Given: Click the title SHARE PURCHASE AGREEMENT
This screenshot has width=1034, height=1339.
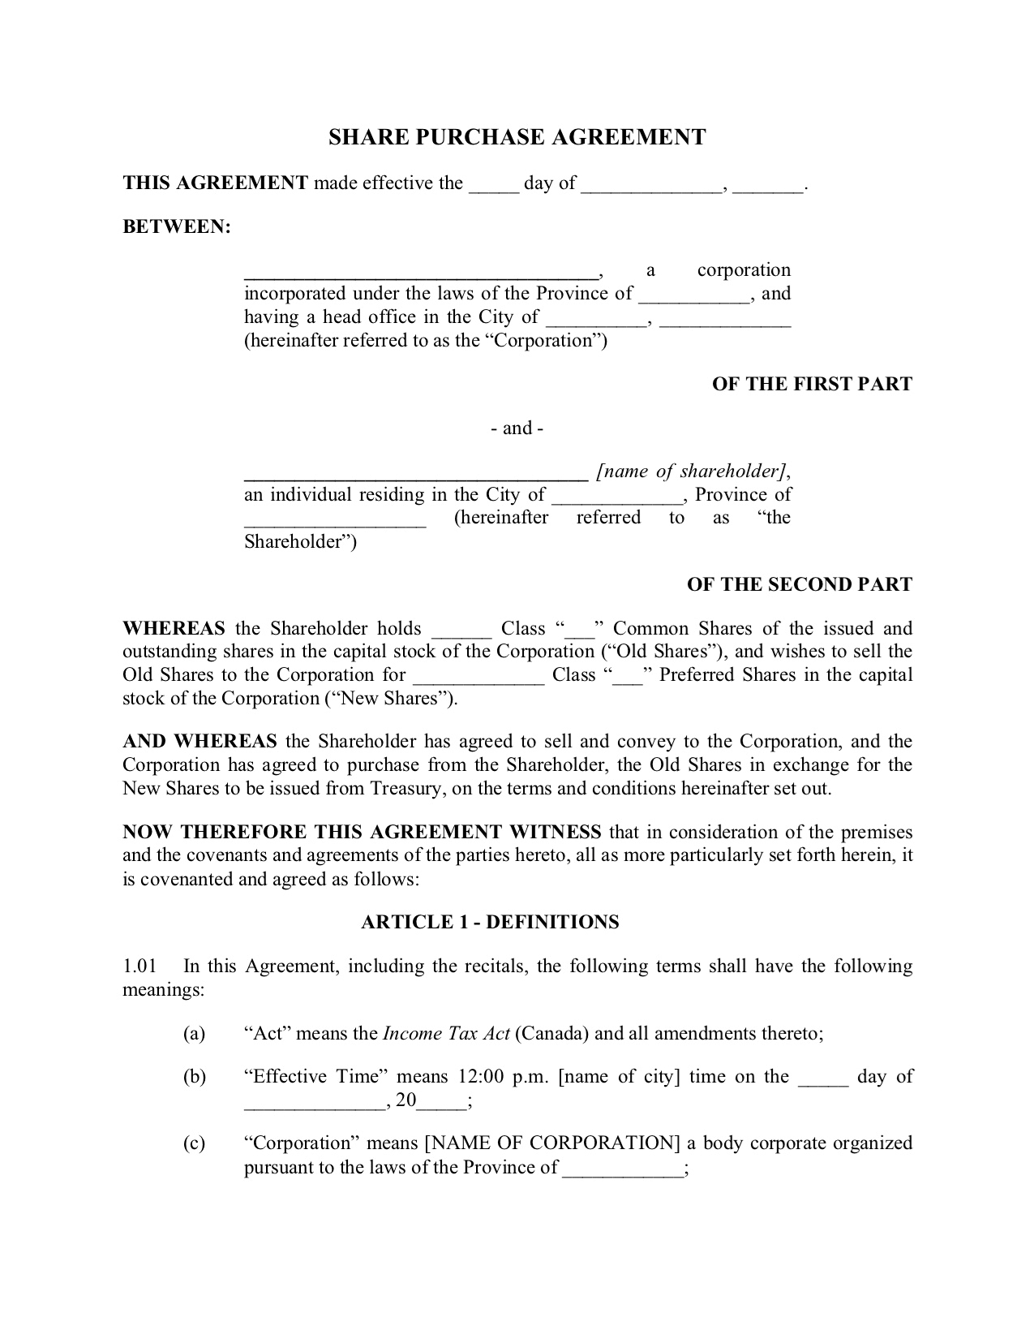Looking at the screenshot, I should click(x=517, y=137).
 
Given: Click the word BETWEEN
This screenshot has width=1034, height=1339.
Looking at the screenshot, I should click(x=176, y=227).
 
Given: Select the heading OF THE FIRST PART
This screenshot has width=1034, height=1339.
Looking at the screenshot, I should click(x=812, y=385).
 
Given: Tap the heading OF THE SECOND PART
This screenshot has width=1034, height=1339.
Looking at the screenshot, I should click(x=799, y=585).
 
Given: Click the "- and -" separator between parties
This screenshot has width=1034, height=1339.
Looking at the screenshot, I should click(x=517, y=428).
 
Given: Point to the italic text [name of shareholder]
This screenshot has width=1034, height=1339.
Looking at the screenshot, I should click(x=692, y=471).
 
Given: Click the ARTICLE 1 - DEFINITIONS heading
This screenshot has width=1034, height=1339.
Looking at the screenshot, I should click(x=490, y=923).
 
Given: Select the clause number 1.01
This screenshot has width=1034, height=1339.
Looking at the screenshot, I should click(x=139, y=967).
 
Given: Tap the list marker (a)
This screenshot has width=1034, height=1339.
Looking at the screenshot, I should click(x=194, y=1034).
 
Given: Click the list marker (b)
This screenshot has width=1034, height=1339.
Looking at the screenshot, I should click(x=194, y=1077).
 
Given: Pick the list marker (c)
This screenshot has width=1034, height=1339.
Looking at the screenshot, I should click(x=194, y=1144).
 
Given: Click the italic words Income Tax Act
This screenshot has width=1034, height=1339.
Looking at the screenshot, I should click(x=445, y=1034).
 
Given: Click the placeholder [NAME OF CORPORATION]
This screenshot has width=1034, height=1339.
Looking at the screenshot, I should click(x=552, y=1144).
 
